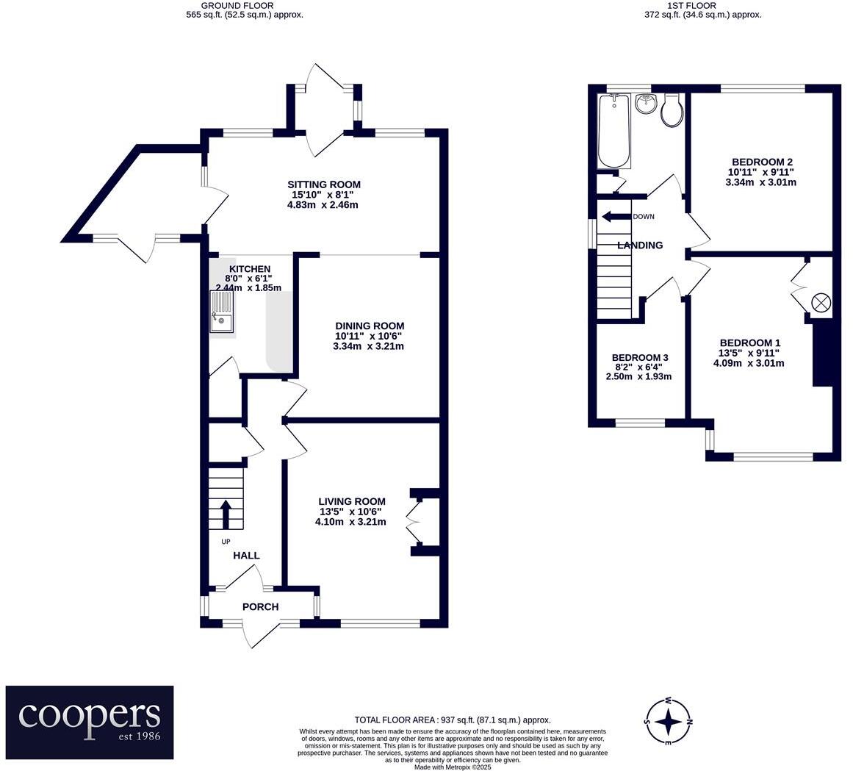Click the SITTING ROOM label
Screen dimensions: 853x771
tap(324, 184)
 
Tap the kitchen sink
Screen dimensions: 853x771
tap(221, 311)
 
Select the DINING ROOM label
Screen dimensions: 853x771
tap(370, 326)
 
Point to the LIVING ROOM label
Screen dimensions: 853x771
tap(351, 502)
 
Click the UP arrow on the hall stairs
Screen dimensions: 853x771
tap(226, 514)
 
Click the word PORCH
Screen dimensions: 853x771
tap(260, 606)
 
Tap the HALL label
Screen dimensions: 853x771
tap(246, 556)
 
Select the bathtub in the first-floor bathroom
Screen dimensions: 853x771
tap(614, 131)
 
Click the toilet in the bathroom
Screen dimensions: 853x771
tap(672, 111)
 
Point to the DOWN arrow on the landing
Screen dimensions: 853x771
tap(616, 217)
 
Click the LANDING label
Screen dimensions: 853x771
tap(640, 245)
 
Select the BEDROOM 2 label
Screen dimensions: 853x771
tap(762, 162)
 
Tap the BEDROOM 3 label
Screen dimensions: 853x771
tap(640, 357)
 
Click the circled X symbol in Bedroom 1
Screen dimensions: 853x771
tap(821, 303)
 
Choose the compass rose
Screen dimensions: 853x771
tap(668, 722)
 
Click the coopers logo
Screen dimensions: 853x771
tap(90, 722)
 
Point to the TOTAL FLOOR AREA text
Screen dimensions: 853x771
tap(453, 720)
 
